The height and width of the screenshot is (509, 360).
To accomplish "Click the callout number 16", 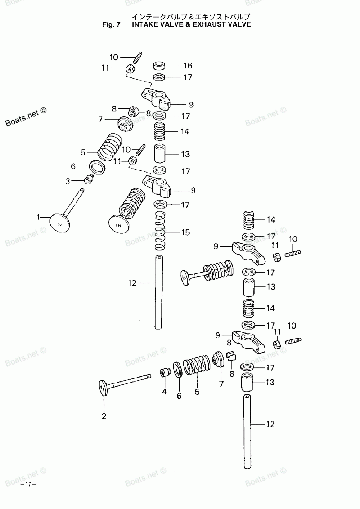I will [188, 66].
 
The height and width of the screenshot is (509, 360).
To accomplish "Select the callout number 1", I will [38, 217].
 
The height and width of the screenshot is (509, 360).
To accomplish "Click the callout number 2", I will [104, 416].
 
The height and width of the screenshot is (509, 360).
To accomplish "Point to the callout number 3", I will [68, 182].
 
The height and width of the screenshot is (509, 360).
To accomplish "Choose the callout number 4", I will [164, 392].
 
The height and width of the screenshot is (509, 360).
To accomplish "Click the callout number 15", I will [185, 232].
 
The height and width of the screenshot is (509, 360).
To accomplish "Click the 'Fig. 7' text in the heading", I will [111, 24].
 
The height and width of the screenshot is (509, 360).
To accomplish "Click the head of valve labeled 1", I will [59, 223].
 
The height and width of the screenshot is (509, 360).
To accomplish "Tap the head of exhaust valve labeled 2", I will [103, 389].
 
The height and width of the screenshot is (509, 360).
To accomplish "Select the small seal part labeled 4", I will [165, 372].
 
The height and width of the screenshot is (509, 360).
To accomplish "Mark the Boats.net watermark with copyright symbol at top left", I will [26, 117].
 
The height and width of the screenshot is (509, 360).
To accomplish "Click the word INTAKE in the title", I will [145, 24].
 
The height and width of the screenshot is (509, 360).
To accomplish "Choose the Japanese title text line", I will [190, 17].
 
